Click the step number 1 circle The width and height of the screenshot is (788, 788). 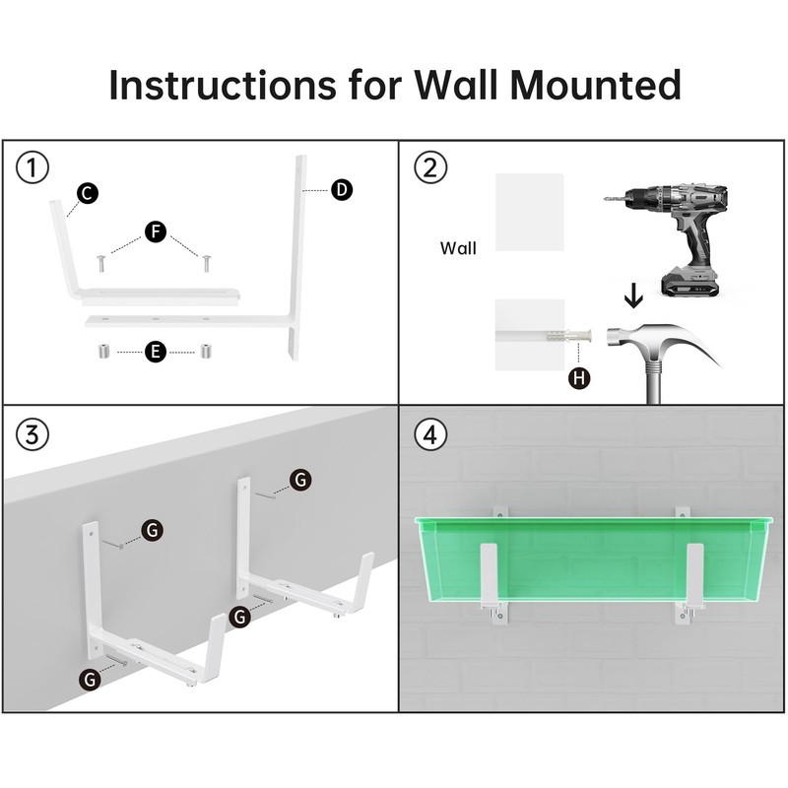(33, 167)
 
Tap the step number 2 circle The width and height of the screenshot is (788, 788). (430, 167)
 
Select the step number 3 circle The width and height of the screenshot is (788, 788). (33, 434)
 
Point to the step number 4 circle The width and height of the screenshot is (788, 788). (430, 434)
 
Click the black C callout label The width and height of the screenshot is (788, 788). (88, 193)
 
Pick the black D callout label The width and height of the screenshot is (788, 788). (342, 189)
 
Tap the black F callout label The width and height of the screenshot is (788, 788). (156, 231)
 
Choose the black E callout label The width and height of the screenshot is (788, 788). (156, 352)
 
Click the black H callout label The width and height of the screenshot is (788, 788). (579, 378)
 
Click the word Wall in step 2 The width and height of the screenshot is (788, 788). (458, 248)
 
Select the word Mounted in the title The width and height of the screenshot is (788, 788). (595, 85)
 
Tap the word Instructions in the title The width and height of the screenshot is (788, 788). (223, 85)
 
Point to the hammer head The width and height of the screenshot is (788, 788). (663, 341)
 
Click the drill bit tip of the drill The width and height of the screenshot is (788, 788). (605, 199)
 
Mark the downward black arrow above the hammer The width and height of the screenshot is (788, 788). (633, 295)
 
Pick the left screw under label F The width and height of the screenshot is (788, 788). (101, 263)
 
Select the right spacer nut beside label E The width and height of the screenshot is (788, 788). (206, 351)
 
